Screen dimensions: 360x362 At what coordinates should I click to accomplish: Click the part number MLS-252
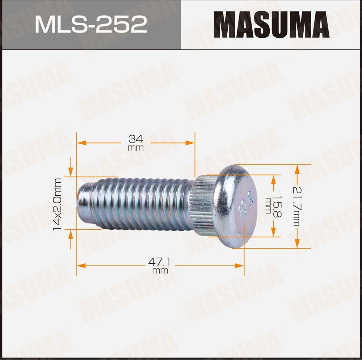coord(90,25)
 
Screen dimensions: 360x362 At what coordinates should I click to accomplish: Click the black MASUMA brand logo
coord(271,25)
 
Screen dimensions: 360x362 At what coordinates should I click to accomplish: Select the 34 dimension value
coord(136,139)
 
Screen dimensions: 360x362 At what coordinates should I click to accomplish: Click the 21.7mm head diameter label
coord(296,206)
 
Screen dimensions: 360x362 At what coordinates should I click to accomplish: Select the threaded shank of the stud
coord(141,204)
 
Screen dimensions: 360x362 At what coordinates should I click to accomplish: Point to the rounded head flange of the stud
coord(235,206)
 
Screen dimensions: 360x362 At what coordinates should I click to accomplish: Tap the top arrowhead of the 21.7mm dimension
coord(297,169)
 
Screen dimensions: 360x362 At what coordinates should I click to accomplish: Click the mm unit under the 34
coord(136,148)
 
